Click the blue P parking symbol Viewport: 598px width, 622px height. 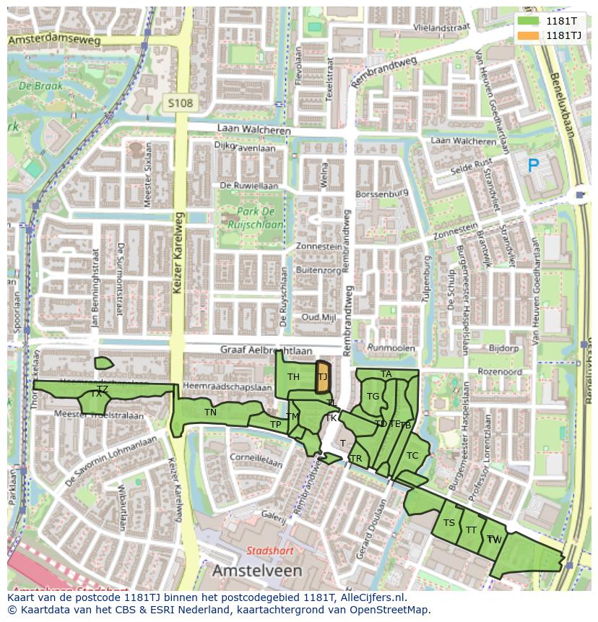533,166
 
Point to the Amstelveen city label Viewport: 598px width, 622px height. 257,571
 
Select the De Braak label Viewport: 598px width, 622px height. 41,86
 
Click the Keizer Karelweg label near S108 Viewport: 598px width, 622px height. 178,256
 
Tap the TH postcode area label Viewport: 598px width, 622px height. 293,377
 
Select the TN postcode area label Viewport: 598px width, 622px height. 210,412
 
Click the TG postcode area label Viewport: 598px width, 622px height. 373,397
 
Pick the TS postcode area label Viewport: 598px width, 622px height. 449,523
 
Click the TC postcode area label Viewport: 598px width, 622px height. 412,456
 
